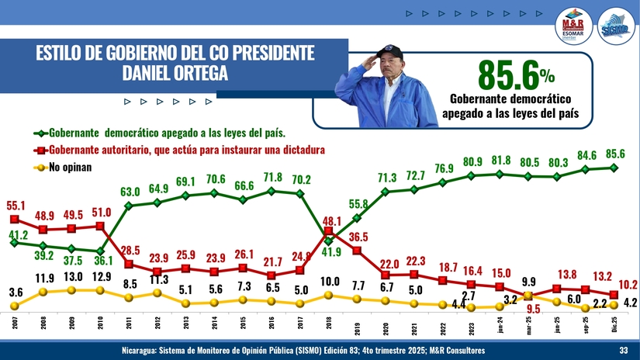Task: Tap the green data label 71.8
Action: [x=273, y=177]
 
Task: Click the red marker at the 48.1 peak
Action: [x=328, y=230]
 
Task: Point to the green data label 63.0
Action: [x=130, y=192]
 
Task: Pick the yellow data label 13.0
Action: [x=72, y=276]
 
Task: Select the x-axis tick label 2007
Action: [x=15, y=323]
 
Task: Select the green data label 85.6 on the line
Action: [x=615, y=154]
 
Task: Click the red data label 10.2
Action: [x=628, y=286]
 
